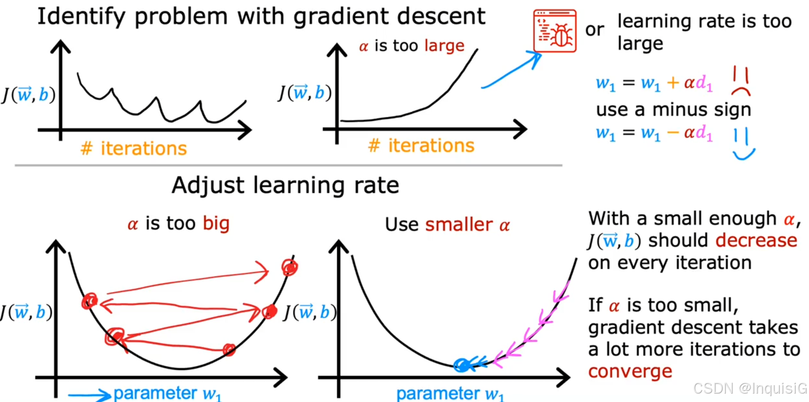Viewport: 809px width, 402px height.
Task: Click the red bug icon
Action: (x=555, y=31)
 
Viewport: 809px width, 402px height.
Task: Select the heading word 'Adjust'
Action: (x=207, y=186)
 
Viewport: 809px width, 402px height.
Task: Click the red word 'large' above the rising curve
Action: (x=444, y=46)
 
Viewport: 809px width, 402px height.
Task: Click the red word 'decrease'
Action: (x=756, y=240)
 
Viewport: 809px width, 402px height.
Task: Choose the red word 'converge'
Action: (x=630, y=371)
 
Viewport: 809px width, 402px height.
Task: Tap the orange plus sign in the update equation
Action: (x=673, y=83)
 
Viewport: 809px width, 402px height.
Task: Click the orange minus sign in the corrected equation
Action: (x=673, y=133)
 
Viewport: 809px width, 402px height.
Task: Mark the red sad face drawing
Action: (x=740, y=82)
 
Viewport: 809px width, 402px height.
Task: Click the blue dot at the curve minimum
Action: (x=461, y=365)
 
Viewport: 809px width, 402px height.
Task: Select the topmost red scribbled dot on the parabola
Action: (x=290, y=268)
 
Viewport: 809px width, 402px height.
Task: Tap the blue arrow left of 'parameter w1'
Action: (x=89, y=395)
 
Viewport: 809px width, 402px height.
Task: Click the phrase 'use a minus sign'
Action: (x=673, y=109)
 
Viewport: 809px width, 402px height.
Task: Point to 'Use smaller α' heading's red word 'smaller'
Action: (x=458, y=224)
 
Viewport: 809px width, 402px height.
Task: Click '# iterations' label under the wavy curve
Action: (x=134, y=148)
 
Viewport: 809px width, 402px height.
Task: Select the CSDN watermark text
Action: (x=750, y=389)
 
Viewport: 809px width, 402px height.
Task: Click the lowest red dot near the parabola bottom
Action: (x=229, y=350)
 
